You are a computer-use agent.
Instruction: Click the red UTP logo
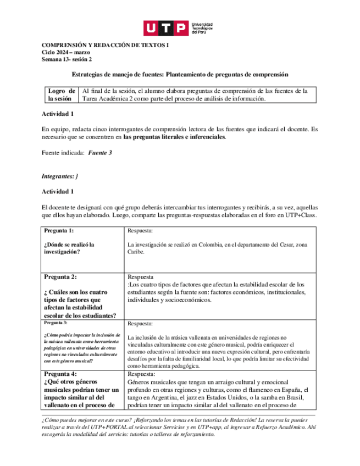[x=165, y=28]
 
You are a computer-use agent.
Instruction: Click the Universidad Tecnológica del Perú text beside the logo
[x=202, y=28]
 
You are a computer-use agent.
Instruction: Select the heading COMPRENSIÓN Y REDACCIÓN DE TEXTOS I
[x=106, y=45]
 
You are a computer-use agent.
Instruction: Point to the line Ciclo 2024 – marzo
[x=67, y=52]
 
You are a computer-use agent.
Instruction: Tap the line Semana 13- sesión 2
[x=67, y=59]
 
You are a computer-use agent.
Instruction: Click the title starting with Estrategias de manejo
[x=180, y=74]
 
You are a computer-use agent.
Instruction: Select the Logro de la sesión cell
[x=61, y=95]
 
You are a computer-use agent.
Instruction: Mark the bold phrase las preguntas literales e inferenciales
[x=174, y=136]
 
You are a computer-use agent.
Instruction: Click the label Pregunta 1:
[x=59, y=230]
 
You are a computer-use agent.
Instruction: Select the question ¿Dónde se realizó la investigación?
[x=70, y=248]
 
